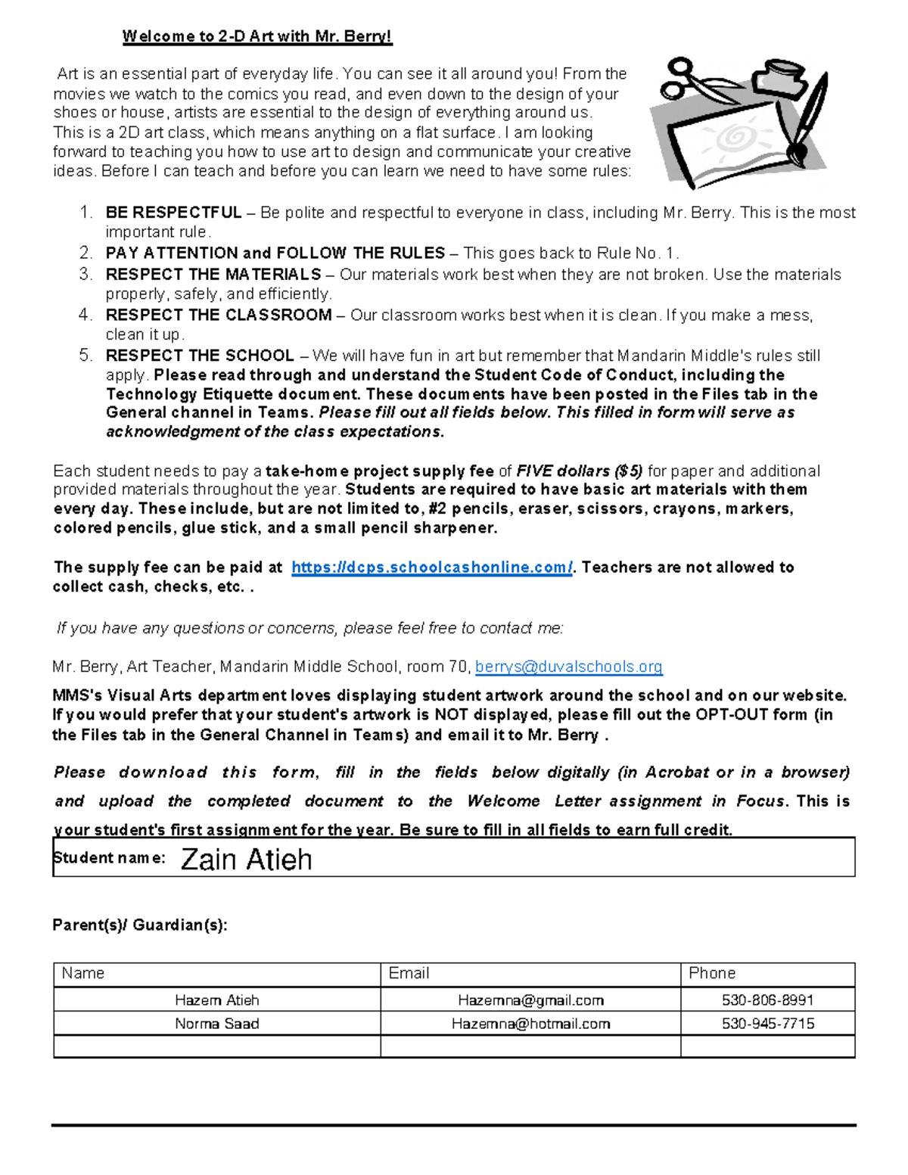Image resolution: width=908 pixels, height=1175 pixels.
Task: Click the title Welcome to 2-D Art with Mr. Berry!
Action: pyautogui.click(x=257, y=36)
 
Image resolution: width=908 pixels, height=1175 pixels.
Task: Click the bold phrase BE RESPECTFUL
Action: pyautogui.click(x=173, y=213)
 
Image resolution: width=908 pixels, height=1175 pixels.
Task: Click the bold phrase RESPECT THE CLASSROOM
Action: pyautogui.click(x=219, y=315)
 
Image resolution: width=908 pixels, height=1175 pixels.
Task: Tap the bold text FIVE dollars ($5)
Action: pyautogui.click(x=580, y=471)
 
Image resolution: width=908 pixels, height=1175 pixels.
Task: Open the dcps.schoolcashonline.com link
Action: pyautogui.click(x=432, y=567)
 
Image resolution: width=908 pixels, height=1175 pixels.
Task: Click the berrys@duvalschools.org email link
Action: pyautogui.click(x=568, y=667)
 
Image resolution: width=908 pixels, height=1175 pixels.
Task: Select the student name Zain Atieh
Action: pyautogui.click(x=246, y=859)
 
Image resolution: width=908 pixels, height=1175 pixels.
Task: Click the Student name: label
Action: pyautogui.click(x=109, y=858)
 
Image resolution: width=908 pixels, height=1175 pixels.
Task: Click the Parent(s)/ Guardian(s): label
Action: pyautogui.click(x=140, y=925)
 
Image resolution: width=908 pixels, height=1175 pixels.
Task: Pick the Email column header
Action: pyautogui.click(x=409, y=974)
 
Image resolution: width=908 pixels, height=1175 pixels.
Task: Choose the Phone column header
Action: pyautogui.click(x=712, y=974)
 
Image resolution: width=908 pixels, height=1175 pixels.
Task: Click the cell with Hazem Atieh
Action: pyautogui.click(x=217, y=1000)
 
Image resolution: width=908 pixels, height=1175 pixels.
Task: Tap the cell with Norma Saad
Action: pyautogui.click(x=217, y=1024)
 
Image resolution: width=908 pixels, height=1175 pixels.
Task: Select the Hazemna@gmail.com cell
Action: pyautogui.click(x=530, y=1000)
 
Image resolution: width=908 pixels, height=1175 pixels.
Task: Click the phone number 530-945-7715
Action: pyautogui.click(x=767, y=1024)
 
